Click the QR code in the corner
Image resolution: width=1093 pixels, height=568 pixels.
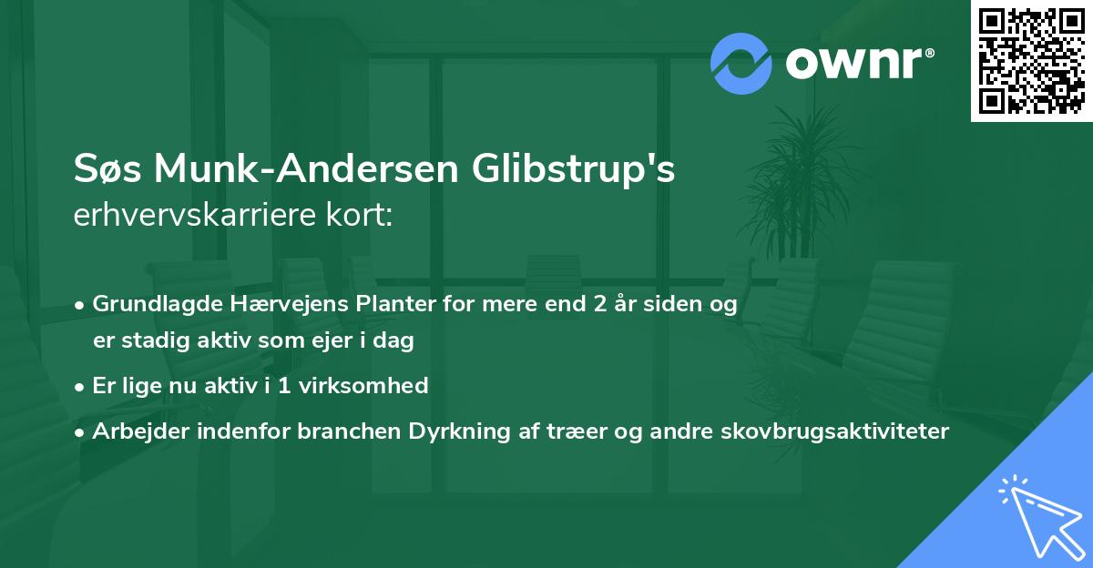(x=1032, y=61)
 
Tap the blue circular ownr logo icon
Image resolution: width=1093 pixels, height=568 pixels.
(x=741, y=64)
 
